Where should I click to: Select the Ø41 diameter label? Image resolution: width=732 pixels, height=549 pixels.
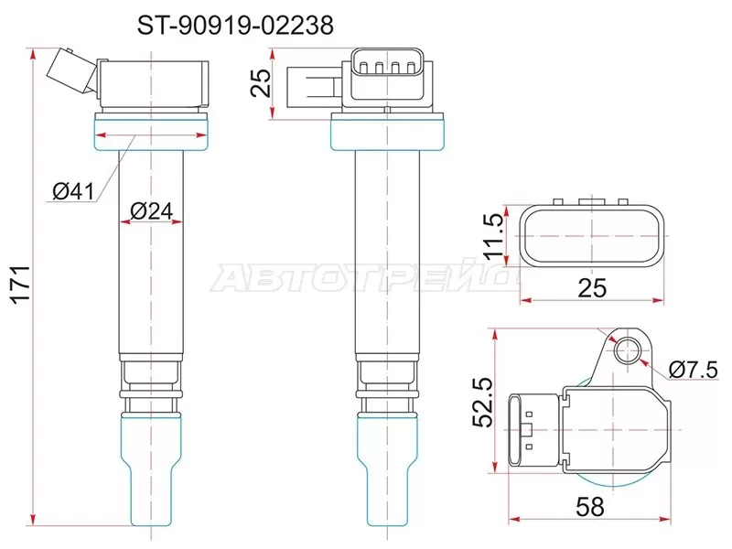pos(73,190)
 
